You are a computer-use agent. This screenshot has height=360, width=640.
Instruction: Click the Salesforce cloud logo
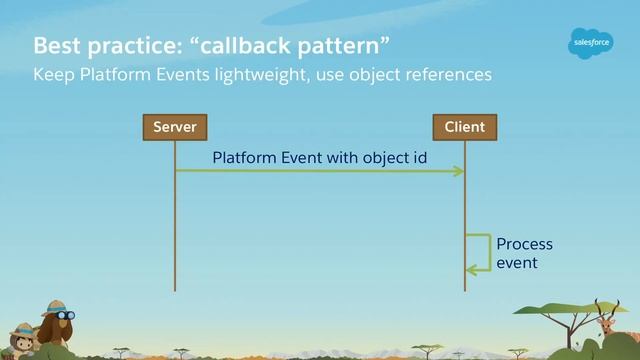click(590, 44)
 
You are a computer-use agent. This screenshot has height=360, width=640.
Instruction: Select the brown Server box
click(174, 127)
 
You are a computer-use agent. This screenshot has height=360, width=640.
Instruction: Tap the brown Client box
click(464, 127)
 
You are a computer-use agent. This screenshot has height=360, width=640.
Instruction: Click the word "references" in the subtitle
click(445, 75)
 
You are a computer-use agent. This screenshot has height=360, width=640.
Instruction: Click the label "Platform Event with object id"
click(312, 158)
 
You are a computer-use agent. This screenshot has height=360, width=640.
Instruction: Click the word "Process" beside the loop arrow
click(524, 244)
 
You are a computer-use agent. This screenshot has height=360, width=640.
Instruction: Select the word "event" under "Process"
click(517, 262)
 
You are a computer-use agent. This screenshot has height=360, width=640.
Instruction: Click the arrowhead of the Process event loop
click(471, 269)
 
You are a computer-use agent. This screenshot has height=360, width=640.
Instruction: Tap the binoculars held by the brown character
click(66, 315)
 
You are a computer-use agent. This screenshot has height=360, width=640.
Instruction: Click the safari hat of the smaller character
click(21, 329)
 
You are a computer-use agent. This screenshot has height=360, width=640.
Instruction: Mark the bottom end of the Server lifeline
click(174, 290)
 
